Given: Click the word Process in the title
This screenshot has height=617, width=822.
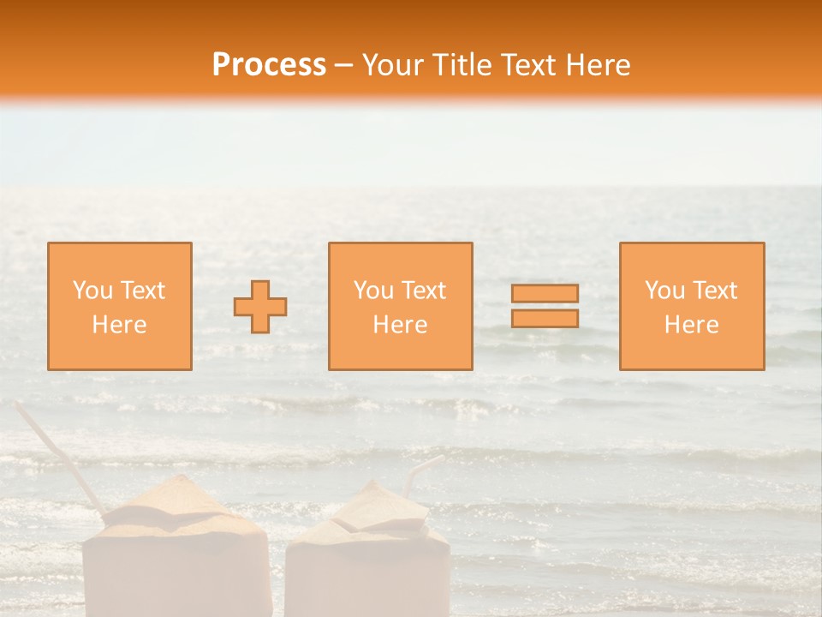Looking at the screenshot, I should (x=269, y=65).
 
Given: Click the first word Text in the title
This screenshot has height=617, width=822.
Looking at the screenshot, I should (x=527, y=65).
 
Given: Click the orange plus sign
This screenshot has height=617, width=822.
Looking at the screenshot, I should (x=260, y=306).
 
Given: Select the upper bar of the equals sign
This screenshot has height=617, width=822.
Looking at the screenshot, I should (x=545, y=293).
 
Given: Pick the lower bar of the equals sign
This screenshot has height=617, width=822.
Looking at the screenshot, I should (x=545, y=318).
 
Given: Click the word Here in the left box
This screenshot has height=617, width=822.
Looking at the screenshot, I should (x=119, y=325).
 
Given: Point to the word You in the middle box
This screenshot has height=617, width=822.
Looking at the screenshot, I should (x=373, y=291).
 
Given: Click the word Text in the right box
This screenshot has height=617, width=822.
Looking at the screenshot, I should (x=715, y=291).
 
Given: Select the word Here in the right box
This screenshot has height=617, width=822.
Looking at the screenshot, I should (x=691, y=325).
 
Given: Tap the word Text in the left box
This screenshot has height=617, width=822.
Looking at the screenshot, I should (x=143, y=291).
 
